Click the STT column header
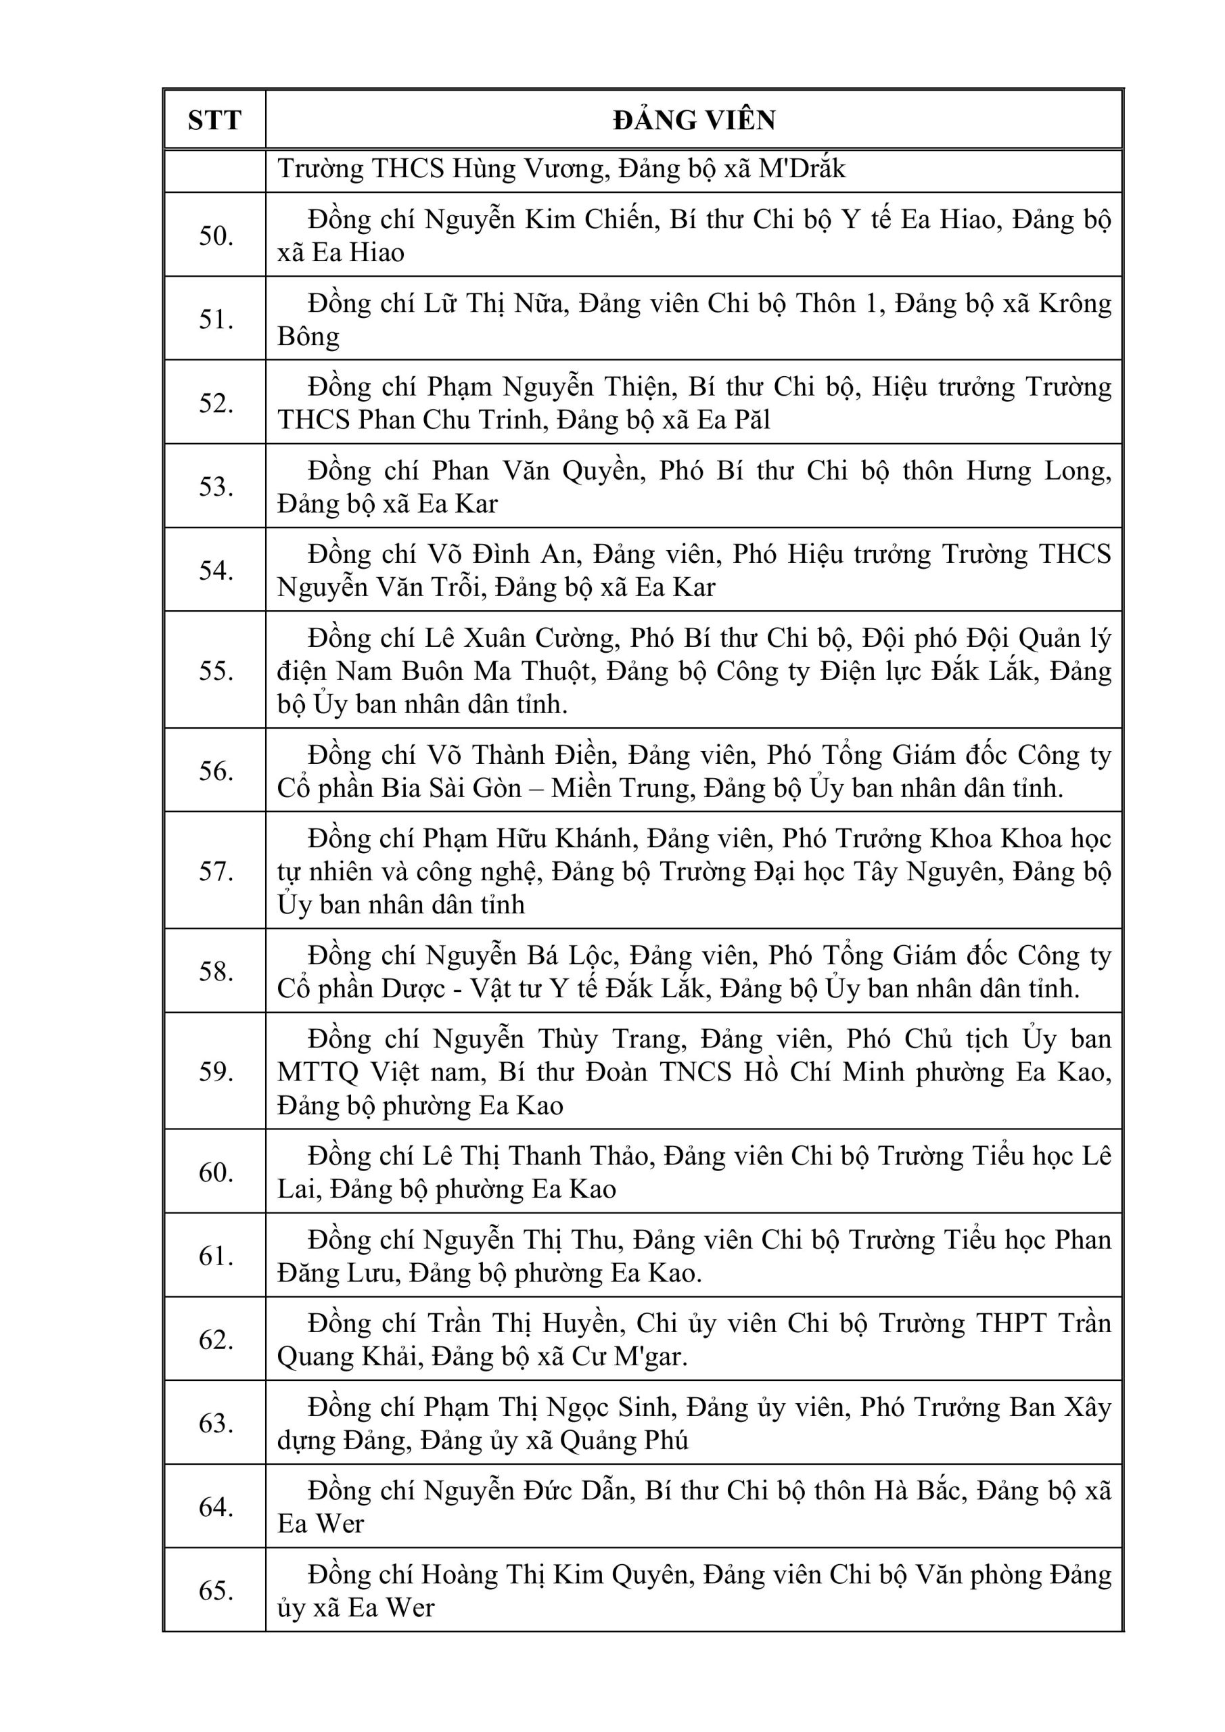[x=214, y=120]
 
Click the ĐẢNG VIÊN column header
[x=693, y=120]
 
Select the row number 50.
[x=216, y=236]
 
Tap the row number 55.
[x=216, y=670]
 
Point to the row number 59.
[x=216, y=1072]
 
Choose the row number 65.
[x=216, y=1590]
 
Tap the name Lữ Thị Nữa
[x=493, y=303]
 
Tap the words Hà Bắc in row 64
[x=920, y=1490]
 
